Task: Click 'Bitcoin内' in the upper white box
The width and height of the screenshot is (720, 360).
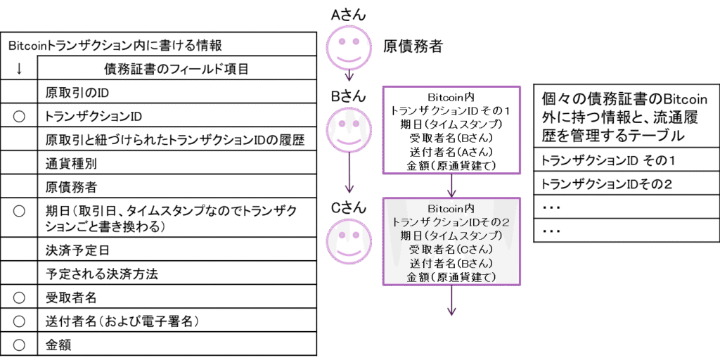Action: (x=451, y=96)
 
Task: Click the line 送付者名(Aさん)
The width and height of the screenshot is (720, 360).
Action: (x=451, y=151)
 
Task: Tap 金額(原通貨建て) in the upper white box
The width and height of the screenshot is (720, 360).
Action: (x=451, y=165)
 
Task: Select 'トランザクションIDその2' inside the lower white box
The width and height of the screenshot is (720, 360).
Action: (x=451, y=221)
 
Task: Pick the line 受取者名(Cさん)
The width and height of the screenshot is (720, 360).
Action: (x=451, y=250)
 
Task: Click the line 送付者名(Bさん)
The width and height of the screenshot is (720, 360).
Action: (x=451, y=264)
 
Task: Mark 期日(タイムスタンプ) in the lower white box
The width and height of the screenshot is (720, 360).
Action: (x=451, y=236)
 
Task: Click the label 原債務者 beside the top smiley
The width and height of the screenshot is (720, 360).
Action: (x=411, y=48)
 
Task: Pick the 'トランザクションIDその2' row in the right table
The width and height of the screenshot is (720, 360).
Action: (x=605, y=185)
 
